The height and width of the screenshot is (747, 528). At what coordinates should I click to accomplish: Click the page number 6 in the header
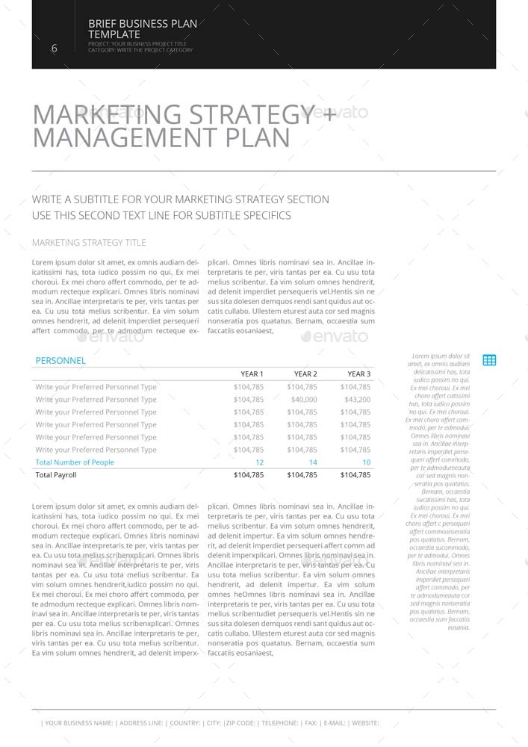(x=54, y=49)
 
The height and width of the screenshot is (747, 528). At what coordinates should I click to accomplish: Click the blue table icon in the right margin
(x=489, y=360)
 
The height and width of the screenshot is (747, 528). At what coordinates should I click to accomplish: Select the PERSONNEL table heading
(x=60, y=360)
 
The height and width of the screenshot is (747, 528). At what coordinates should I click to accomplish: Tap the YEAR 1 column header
(x=252, y=373)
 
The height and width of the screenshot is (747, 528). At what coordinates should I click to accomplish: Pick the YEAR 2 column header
(x=305, y=373)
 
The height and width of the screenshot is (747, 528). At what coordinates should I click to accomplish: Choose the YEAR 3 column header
(x=358, y=373)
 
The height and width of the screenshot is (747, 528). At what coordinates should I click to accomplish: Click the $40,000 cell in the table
(x=304, y=400)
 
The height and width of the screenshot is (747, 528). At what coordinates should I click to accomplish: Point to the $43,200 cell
(x=357, y=400)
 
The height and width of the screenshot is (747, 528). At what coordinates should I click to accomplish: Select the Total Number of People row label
(x=75, y=462)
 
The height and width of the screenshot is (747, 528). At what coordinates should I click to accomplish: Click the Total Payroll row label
(x=56, y=475)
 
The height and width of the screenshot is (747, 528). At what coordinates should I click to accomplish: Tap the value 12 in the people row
(x=259, y=462)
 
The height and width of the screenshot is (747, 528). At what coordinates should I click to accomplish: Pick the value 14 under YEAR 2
(x=313, y=462)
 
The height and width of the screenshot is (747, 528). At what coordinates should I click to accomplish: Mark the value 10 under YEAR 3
(x=366, y=462)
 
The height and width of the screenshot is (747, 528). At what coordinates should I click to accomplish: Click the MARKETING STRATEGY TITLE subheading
(x=89, y=243)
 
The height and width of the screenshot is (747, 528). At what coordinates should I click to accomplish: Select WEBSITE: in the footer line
(x=365, y=723)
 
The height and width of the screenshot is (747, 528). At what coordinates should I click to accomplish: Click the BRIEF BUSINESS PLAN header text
(x=143, y=24)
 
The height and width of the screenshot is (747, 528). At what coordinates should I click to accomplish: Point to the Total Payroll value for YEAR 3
(x=355, y=475)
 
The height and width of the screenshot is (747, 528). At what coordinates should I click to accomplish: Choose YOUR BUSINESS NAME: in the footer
(x=78, y=723)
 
